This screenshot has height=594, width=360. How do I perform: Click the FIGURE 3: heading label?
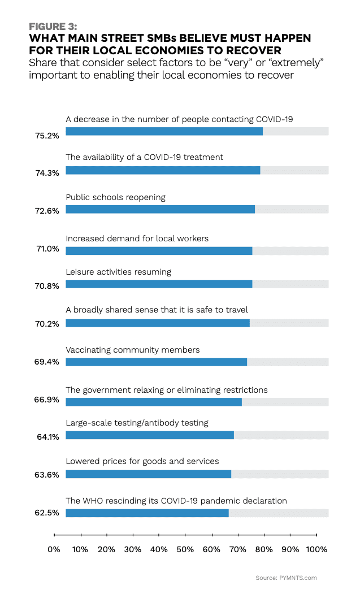pos(53,27)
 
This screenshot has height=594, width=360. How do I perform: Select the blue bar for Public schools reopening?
pos(160,209)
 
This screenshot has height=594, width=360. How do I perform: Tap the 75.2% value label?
pos(48,136)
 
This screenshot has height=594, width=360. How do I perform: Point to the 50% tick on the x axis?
pos(185,535)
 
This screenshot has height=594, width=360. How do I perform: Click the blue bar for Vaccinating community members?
pos(156,362)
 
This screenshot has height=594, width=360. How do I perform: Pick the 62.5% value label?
pos(48,514)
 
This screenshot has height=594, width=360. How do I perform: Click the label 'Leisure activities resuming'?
pos(118,272)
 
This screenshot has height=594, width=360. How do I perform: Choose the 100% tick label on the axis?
pos(316,549)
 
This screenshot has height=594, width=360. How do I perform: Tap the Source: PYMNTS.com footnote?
pos(286,578)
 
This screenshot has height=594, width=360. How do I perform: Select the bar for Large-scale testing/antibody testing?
pos(150,435)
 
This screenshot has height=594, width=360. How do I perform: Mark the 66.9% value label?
pos(48,401)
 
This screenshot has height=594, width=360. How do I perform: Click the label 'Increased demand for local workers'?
pos(137,239)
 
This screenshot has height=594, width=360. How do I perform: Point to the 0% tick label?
pos(54,549)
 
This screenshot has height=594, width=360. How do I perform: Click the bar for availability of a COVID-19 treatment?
pos(163,170)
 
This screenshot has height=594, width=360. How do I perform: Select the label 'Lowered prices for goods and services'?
pos(142,461)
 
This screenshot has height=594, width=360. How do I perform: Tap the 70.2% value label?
pos(48,324)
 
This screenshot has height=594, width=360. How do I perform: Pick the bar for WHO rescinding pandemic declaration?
pos(147,513)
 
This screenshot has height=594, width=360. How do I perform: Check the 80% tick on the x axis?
pos(264,535)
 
